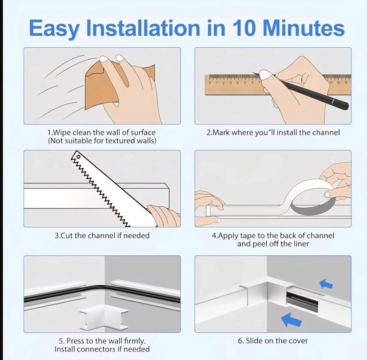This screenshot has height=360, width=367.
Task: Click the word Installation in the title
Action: click(x=143, y=28)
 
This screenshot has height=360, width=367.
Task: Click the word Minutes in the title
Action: click(x=304, y=28)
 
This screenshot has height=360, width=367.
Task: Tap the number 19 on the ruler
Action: click(x=346, y=82)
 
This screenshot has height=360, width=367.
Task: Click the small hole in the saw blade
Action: click(x=78, y=156)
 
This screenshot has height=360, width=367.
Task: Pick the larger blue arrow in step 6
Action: click(x=291, y=320)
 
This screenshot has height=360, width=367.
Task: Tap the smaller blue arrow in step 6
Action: click(x=326, y=284)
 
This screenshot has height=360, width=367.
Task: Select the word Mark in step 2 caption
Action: click(x=221, y=133)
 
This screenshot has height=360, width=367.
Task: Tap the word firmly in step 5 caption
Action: click(x=135, y=341)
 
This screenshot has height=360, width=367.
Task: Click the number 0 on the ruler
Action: click(x=210, y=83)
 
